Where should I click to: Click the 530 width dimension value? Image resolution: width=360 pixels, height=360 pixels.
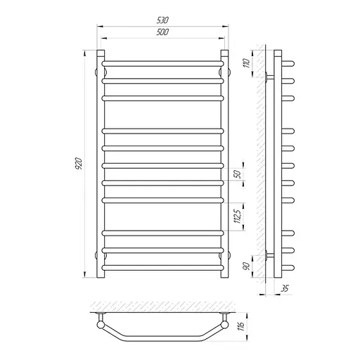(x=162, y=20)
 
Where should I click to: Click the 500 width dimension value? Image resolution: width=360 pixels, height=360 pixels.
(x=162, y=32)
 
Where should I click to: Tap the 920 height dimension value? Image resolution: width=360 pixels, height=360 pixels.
(x=79, y=164)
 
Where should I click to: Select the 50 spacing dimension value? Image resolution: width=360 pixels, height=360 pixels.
(x=238, y=174)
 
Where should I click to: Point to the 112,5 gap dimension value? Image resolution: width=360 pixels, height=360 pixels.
(x=238, y=216)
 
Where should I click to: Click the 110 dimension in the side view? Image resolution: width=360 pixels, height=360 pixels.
(x=247, y=63)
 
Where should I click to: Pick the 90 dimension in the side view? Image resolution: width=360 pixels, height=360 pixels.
(x=247, y=266)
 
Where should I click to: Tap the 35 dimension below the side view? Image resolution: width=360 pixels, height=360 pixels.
(x=285, y=288)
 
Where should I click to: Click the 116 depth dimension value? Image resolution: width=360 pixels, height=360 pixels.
(x=241, y=326)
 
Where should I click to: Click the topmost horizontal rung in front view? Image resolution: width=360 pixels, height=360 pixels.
(x=162, y=63)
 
